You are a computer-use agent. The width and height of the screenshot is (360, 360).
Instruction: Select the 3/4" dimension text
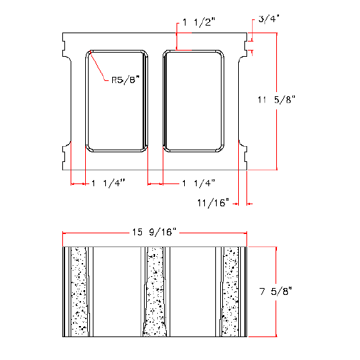click(270, 19)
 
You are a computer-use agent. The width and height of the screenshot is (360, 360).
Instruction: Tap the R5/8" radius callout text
click(126, 80)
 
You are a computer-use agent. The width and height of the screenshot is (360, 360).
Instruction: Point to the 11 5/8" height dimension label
click(276, 100)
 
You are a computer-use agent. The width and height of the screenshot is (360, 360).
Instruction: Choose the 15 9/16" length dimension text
click(155, 232)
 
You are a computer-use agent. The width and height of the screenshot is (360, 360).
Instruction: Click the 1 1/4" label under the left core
click(107, 183)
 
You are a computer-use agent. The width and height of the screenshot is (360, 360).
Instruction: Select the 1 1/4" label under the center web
click(199, 183)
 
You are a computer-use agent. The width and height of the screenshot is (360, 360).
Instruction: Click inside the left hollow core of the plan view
click(116, 100)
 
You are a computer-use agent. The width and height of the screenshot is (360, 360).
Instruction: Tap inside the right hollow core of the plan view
click(193, 100)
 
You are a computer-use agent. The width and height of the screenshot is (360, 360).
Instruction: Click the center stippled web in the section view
click(155, 291)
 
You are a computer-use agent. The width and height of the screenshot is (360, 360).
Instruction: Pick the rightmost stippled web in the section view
click(231, 291)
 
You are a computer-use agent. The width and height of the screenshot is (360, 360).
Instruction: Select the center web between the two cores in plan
click(155, 100)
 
